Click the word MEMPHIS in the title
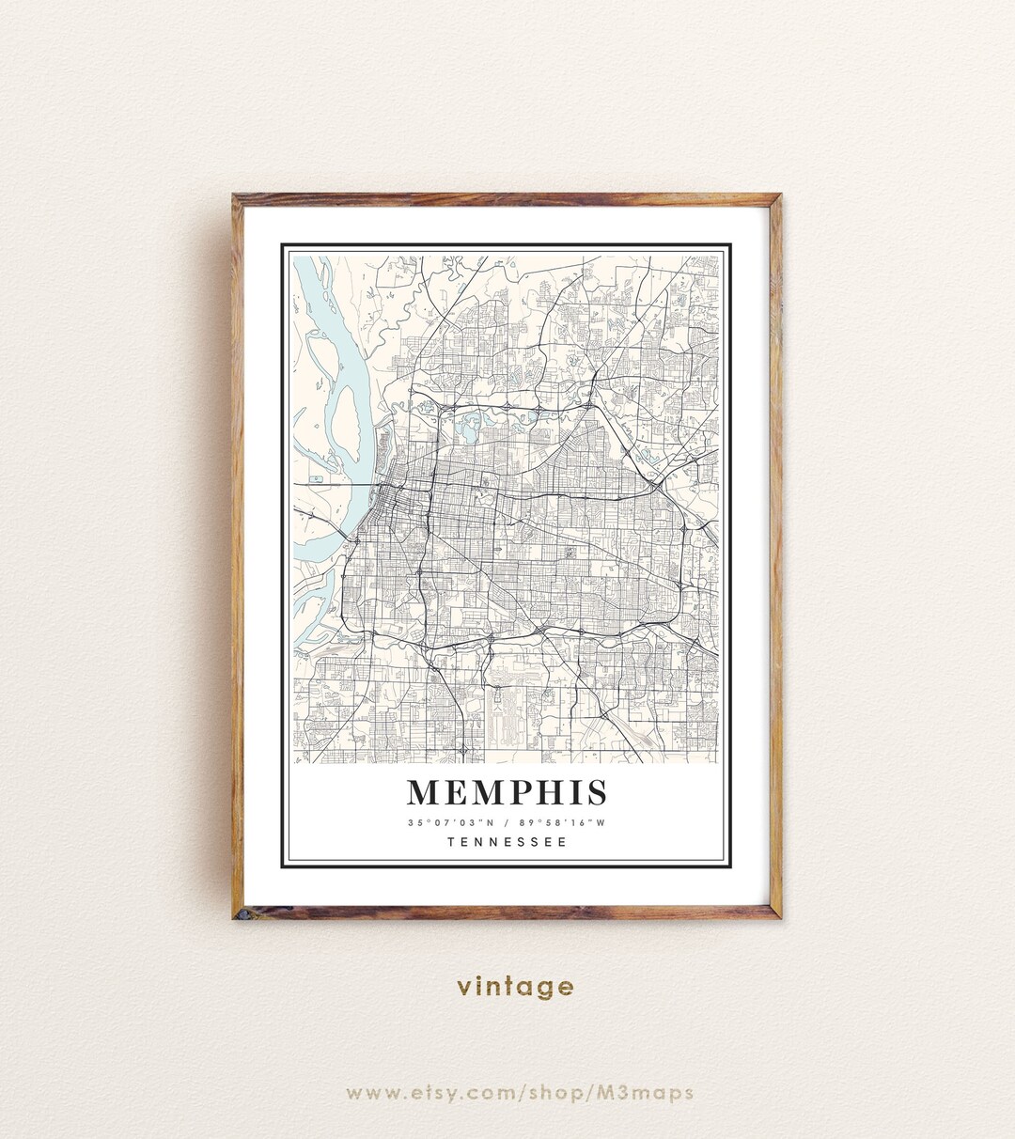(507, 792)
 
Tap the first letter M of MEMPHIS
(425, 792)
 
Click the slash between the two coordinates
(507, 823)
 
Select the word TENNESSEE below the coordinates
(507, 842)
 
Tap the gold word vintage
(515, 987)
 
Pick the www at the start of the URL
(367, 1093)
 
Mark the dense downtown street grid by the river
(395, 507)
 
